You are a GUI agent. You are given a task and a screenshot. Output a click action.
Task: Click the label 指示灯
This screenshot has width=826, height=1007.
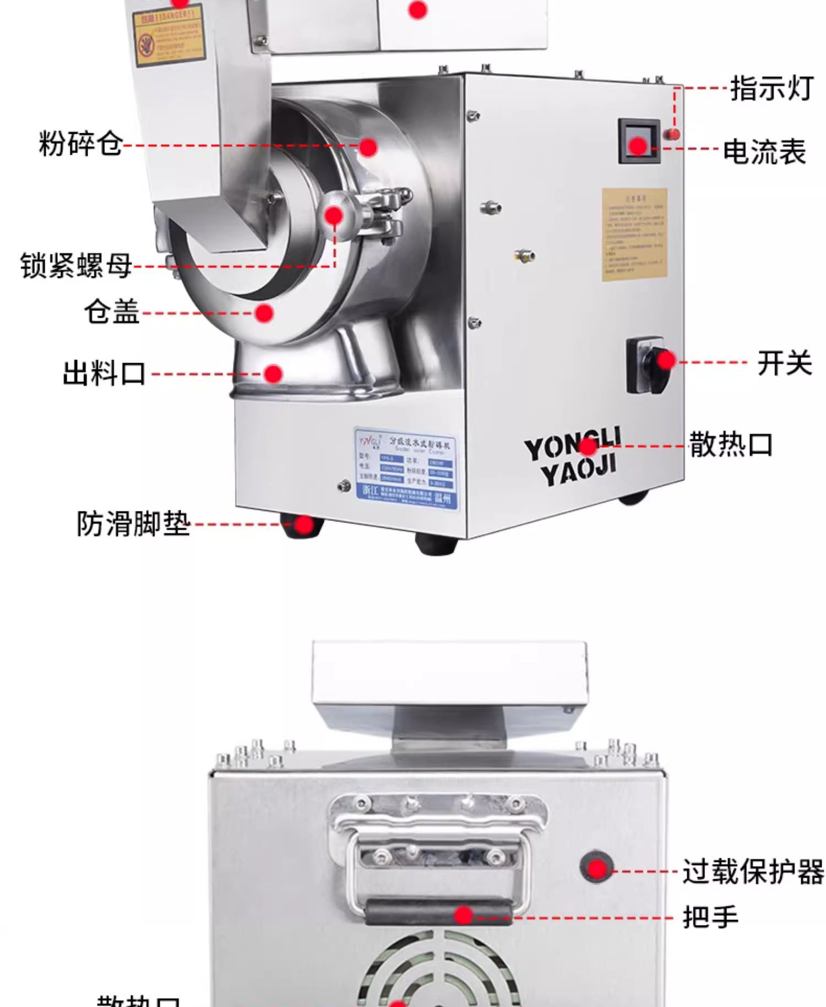(x=771, y=88)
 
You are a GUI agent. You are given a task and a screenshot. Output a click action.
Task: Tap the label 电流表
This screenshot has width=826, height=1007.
(x=764, y=151)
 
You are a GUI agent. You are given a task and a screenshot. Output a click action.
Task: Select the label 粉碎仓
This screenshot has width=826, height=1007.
(x=80, y=144)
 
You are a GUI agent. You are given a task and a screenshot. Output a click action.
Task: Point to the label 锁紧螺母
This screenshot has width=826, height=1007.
(x=76, y=266)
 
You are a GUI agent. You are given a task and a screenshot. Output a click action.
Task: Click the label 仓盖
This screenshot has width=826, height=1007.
(x=112, y=312)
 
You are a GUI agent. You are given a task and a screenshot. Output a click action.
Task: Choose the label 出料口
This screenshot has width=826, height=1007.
(x=104, y=374)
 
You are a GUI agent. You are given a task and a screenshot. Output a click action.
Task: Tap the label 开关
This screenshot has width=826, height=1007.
(x=784, y=363)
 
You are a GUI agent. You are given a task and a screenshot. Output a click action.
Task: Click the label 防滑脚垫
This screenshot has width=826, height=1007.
(x=133, y=524)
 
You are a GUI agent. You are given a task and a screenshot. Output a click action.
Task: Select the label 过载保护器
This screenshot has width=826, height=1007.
(x=753, y=872)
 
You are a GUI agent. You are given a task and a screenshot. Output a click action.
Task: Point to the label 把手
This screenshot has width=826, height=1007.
(x=710, y=917)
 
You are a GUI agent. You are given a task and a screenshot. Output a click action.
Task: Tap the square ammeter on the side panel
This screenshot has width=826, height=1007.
(x=639, y=141)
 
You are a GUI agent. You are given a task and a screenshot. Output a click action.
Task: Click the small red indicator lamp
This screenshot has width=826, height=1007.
(x=673, y=133)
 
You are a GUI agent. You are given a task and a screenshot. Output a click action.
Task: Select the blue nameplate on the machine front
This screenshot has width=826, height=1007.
(x=406, y=469)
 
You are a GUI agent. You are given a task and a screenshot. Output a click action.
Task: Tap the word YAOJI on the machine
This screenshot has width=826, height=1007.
(x=578, y=471)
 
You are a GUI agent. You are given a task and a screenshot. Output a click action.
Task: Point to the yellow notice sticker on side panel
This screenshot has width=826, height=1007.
(x=634, y=235)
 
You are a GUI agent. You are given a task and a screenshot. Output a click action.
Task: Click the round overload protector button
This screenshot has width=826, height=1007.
(x=596, y=868)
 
